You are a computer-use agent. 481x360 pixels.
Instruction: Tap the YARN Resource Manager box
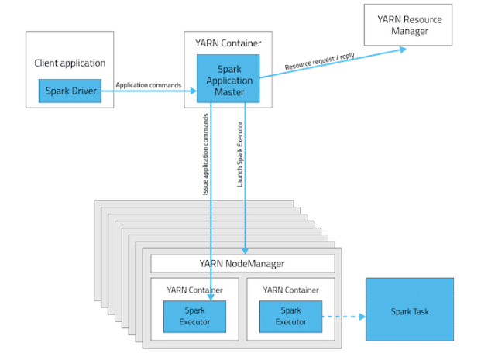(408, 25)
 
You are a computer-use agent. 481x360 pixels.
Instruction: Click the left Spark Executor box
(194, 315)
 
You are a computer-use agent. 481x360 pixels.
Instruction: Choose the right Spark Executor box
(290, 315)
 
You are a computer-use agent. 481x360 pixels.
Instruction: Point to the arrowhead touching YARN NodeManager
(246, 250)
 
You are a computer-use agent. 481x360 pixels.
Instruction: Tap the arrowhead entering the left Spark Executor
(212, 295)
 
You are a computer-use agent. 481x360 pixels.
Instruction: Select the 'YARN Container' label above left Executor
(194, 290)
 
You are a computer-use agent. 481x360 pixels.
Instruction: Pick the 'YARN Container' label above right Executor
(290, 290)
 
